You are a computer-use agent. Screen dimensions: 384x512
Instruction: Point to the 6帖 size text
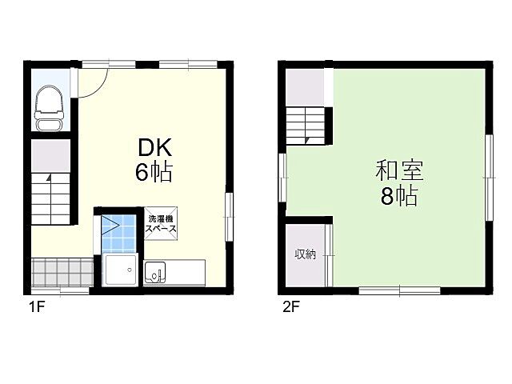154,171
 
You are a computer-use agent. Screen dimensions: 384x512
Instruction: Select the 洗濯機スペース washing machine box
160,222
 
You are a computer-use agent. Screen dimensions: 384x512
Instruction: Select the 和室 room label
398,171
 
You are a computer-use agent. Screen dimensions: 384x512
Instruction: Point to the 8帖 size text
398,196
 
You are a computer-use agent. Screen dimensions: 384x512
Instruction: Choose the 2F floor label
290,306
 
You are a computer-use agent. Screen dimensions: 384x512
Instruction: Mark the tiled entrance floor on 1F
60,271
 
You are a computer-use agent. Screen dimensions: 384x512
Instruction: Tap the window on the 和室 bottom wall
400,290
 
